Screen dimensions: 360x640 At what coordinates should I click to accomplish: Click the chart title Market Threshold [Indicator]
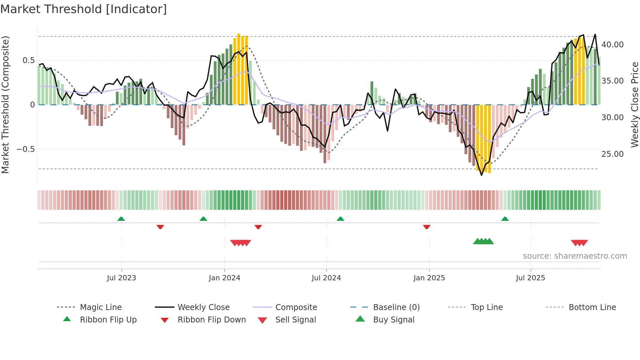[x=84, y=9]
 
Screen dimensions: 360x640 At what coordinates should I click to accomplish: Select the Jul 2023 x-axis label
[x=121, y=278]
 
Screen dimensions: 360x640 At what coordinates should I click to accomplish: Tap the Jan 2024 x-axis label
[x=224, y=278]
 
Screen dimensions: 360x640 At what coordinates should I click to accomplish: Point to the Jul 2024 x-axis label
[x=326, y=278]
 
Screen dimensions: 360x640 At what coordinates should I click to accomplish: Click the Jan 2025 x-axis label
[x=429, y=278]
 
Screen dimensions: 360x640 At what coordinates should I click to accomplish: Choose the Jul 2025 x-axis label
[x=531, y=278]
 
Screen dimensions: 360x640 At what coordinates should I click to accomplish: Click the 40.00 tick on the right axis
[x=612, y=45]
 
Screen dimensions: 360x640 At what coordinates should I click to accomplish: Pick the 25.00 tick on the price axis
[x=612, y=154]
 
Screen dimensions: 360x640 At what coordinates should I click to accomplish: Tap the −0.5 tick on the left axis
[x=26, y=149]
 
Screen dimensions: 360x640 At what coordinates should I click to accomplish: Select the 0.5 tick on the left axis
[x=29, y=60]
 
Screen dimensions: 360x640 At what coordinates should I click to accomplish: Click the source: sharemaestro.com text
[x=575, y=256]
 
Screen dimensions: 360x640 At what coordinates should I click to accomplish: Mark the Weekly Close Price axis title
[x=634, y=105]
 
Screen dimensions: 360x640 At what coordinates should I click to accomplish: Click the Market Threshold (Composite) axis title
[x=5, y=105]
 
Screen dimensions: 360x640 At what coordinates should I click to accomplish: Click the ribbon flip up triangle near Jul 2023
[x=121, y=219]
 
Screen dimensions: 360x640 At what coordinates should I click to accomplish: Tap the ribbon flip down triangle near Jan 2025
[x=426, y=227]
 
